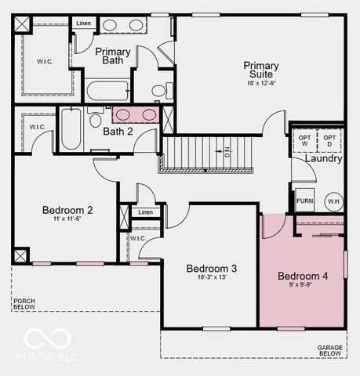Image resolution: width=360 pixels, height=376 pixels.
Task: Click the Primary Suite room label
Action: (261, 70)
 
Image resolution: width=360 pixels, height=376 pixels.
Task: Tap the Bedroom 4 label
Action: (303, 277)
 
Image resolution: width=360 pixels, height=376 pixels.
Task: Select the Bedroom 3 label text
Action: (212, 269)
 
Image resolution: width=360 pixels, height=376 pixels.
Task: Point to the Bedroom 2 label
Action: (67, 210)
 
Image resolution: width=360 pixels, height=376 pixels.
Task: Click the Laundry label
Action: (323, 159)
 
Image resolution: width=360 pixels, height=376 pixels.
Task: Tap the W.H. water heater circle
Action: (333, 201)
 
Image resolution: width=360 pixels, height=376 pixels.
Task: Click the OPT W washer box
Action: (304, 140)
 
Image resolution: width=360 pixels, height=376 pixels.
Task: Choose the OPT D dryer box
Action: (329, 140)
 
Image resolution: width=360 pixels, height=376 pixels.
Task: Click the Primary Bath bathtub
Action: (108, 91)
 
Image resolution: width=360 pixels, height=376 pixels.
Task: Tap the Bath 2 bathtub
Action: (71, 128)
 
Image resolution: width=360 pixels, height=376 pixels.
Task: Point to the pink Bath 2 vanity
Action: (136, 115)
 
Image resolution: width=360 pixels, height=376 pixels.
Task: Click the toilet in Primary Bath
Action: (160, 91)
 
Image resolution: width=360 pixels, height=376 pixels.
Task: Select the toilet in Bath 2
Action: (95, 119)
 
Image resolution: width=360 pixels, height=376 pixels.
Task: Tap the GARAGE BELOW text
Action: (330, 350)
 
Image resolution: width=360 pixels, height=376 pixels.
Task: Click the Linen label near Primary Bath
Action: (83, 23)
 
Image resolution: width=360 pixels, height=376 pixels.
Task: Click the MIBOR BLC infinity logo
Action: (48, 339)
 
